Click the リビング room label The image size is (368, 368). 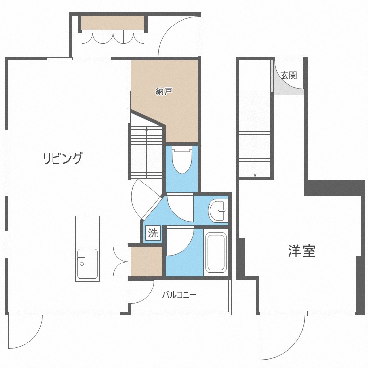(x=62, y=158)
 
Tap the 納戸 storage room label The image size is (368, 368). (x=164, y=91)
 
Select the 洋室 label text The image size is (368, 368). (x=301, y=251)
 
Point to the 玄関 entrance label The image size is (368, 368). (x=289, y=76)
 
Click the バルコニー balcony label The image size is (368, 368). (x=179, y=295)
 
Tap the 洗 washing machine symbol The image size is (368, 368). (x=153, y=233)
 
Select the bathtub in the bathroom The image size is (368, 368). (x=216, y=253)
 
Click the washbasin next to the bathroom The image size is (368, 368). (x=218, y=210)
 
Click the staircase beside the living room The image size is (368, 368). (x=146, y=152)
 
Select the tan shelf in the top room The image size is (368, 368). (x=113, y=23)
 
